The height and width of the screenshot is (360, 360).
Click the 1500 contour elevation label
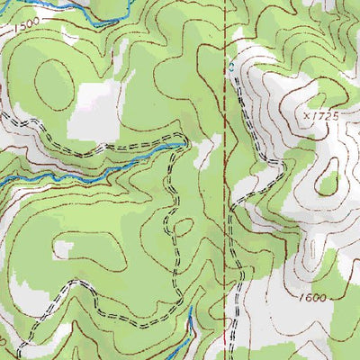(27, 22)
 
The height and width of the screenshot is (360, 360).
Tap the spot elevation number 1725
(326, 116)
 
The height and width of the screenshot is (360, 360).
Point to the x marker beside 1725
(308, 116)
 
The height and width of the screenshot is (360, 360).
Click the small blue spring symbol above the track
(231, 66)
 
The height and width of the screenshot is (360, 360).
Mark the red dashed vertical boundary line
(222, 180)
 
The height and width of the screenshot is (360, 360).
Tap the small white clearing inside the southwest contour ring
(65, 246)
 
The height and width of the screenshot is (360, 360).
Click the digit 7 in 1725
(320, 116)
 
